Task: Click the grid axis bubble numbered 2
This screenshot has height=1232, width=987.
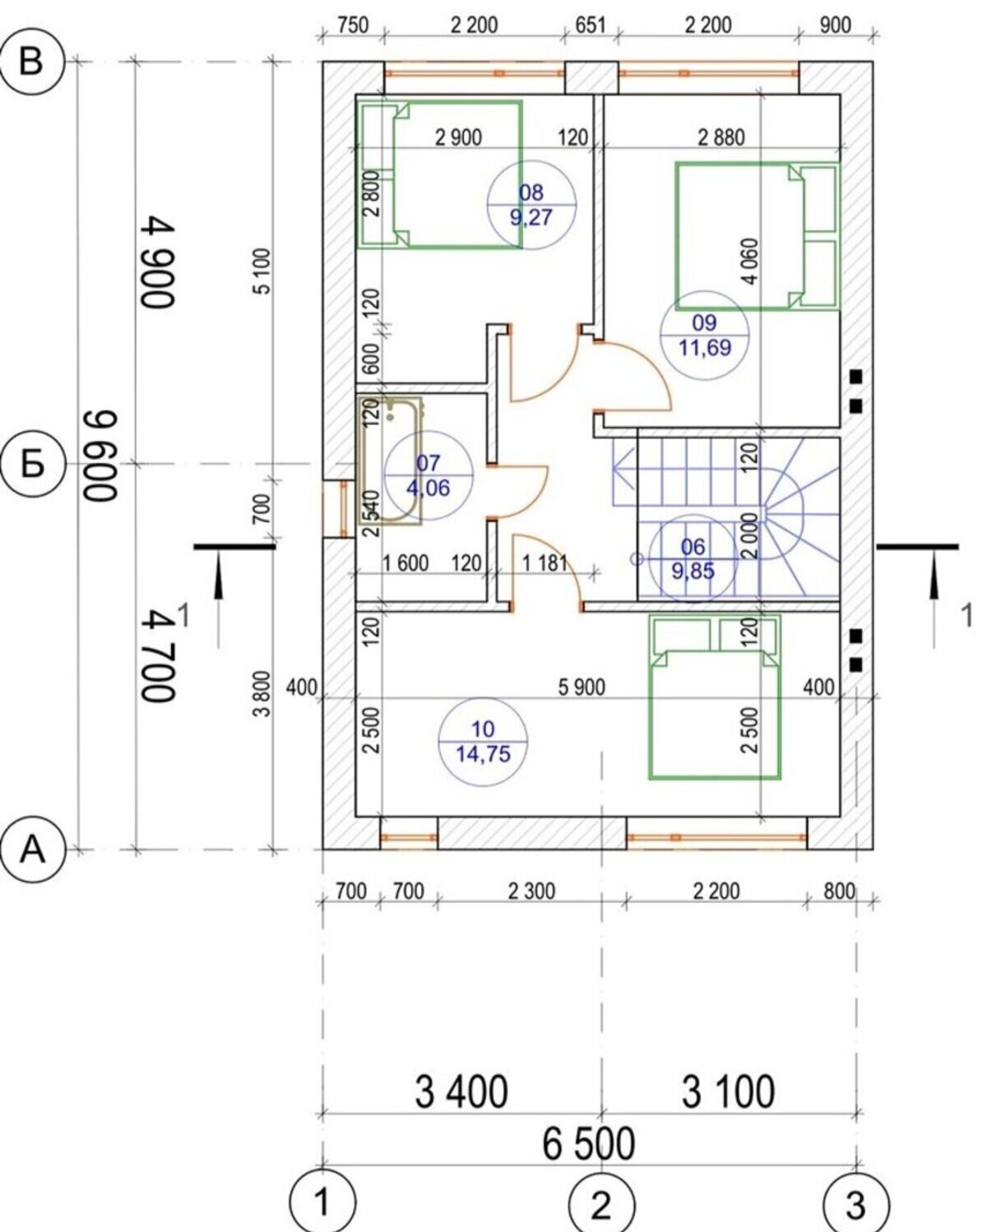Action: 601,1205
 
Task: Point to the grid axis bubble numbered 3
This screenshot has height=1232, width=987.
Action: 856,1205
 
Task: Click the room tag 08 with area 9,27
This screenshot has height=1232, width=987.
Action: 532,205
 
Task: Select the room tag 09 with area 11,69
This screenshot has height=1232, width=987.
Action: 705,335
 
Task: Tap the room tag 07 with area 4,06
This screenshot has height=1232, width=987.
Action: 429,475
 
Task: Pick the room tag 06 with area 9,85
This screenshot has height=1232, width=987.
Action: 693,558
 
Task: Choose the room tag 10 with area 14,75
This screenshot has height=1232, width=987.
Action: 483,741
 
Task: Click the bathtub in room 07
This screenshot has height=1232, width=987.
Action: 389,461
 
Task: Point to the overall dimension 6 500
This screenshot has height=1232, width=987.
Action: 589,1144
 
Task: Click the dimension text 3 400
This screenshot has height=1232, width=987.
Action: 461,1091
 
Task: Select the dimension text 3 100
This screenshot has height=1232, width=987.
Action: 728,1091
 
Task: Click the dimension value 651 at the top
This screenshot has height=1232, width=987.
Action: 590,25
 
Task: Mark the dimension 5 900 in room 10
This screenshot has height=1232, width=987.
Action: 582,687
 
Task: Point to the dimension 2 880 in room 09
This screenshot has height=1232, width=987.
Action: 721,137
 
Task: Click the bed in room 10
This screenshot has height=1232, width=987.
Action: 715,697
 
